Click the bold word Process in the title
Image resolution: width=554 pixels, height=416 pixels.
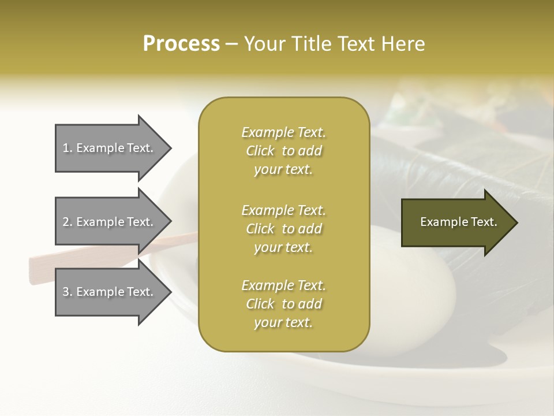point(181,43)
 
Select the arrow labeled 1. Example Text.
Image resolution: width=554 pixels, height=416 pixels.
point(108,148)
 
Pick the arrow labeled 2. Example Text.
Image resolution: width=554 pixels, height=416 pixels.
point(108,222)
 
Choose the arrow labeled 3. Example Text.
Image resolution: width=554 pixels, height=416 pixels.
point(108,292)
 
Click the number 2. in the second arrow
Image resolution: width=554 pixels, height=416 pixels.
point(68,222)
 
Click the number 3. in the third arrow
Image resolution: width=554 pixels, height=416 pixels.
point(68,292)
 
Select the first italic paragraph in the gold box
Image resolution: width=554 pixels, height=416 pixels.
point(283,151)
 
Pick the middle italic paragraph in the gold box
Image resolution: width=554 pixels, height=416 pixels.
point(283,229)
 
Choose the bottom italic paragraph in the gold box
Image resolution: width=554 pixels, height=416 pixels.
point(283,304)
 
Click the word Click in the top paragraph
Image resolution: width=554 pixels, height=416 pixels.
point(260,151)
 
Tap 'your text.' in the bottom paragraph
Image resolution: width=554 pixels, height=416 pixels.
point(283,322)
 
